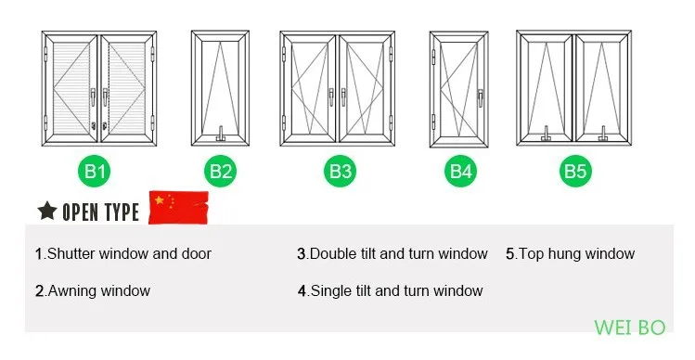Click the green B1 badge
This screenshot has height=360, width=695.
(95, 171)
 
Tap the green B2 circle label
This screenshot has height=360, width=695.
(220, 171)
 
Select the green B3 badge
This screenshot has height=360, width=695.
(340, 171)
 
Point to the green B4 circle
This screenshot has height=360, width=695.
(460, 171)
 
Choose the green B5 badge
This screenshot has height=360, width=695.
(575, 171)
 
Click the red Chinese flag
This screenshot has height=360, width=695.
(179, 208)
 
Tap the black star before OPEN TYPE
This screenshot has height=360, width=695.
(47, 211)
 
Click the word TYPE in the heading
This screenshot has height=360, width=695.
(120, 212)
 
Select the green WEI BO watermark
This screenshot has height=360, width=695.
(629, 328)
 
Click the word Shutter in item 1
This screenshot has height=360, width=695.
(71, 253)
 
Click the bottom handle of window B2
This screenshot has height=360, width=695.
(220, 135)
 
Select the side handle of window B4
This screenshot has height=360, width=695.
(481, 97)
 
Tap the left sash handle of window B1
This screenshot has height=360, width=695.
(93, 97)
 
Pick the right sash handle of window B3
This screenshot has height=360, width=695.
(343, 97)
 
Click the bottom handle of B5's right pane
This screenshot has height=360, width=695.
(603, 134)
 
